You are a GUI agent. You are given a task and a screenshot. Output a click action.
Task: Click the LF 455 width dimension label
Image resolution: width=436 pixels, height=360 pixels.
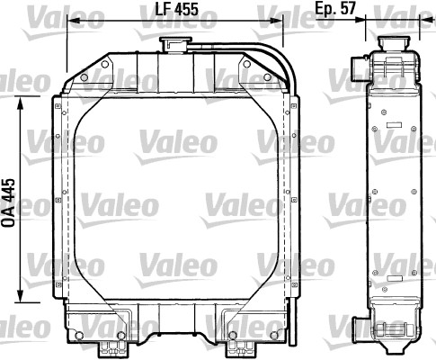click(x=174, y=10)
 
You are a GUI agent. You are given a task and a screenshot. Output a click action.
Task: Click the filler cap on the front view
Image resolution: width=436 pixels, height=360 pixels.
click(x=174, y=44)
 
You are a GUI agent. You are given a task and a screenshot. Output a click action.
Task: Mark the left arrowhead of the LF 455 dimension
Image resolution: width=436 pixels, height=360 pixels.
click(x=74, y=20)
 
